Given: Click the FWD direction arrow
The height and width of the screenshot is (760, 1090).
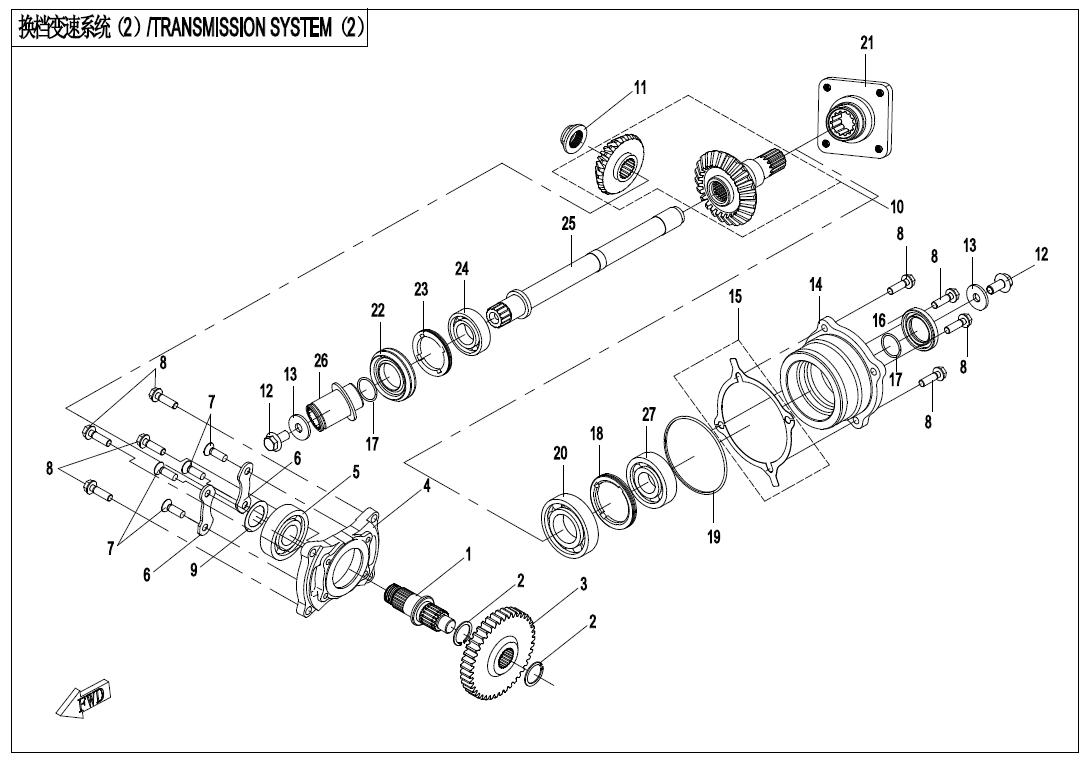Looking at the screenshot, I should (x=84, y=698).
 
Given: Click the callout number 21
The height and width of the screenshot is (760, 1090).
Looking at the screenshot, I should (x=867, y=43).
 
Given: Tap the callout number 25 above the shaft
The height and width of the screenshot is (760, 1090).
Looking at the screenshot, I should (x=568, y=224).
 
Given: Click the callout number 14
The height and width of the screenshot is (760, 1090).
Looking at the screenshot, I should (x=816, y=286).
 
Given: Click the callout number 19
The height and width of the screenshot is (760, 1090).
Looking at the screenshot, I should (x=713, y=537).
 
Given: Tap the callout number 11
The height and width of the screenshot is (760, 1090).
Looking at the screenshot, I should (x=640, y=88).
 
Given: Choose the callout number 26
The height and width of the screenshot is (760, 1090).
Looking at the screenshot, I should (x=320, y=360).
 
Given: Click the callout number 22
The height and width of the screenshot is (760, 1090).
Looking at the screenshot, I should (x=378, y=311).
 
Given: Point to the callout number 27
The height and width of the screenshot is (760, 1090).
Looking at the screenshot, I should (x=649, y=413).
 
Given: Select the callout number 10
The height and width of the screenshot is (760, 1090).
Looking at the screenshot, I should (x=897, y=207).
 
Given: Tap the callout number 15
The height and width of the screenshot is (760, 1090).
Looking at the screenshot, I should (x=735, y=297).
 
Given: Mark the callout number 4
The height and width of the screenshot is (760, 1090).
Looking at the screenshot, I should (x=427, y=486).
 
